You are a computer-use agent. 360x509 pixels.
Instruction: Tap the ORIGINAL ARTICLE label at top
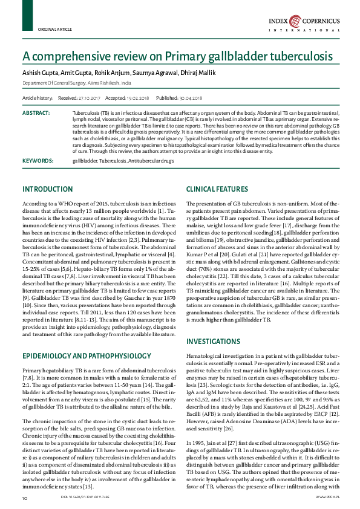coord(55,29)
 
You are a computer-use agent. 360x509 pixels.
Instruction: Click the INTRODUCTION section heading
coord(47,189)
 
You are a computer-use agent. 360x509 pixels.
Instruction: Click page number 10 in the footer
coord(25,498)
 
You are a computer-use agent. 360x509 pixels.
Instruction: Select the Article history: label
coord(38,97)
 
